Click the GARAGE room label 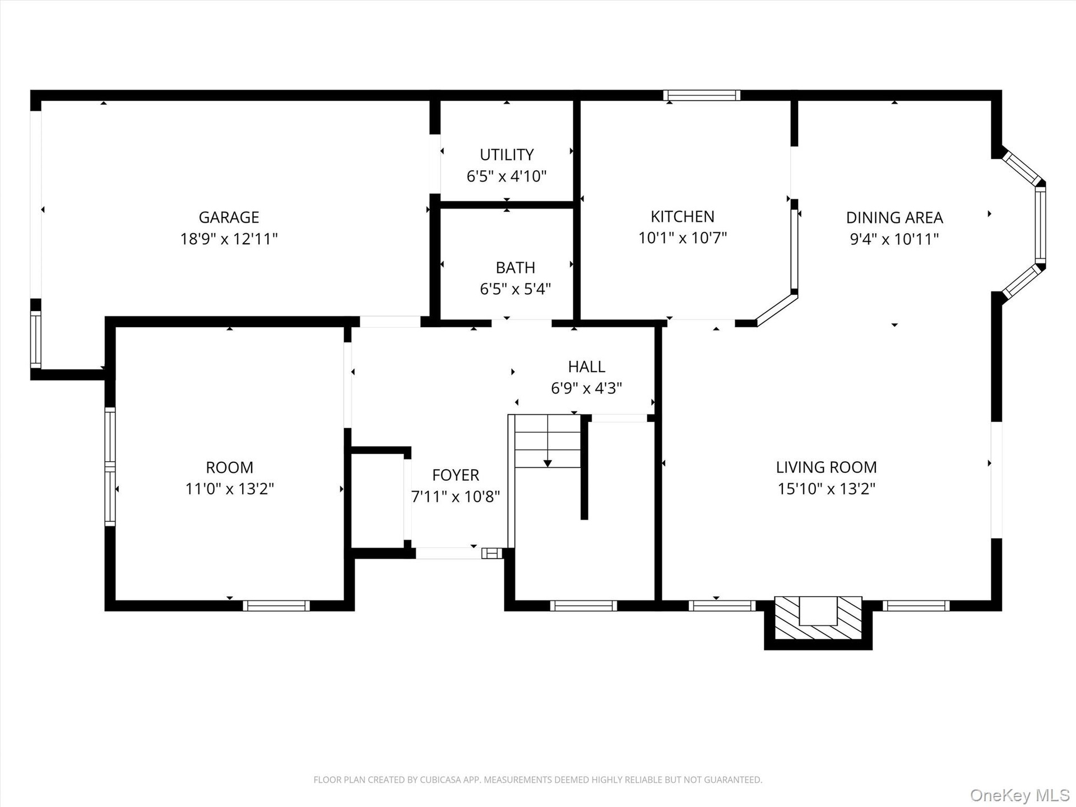click(x=229, y=217)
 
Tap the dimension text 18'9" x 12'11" click(x=229, y=239)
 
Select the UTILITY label click(x=507, y=155)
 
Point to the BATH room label click(x=516, y=267)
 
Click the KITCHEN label click(x=683, y=216)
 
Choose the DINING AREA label click(x=894, y=217)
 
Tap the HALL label click(x=587, y=367)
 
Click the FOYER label click(x=456, y=475)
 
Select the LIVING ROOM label click(x=827, y=467)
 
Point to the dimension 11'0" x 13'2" click(x=230, y=489)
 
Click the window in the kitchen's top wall click(x=702, y=95)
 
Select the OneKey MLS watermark click(x=1020, y=795)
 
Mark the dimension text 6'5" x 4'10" click(x=507, y=177)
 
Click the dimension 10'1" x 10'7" click(x=683, y=238)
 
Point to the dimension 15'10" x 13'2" click(x=827, y=489)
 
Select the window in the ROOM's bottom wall click(x=276, y=606)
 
